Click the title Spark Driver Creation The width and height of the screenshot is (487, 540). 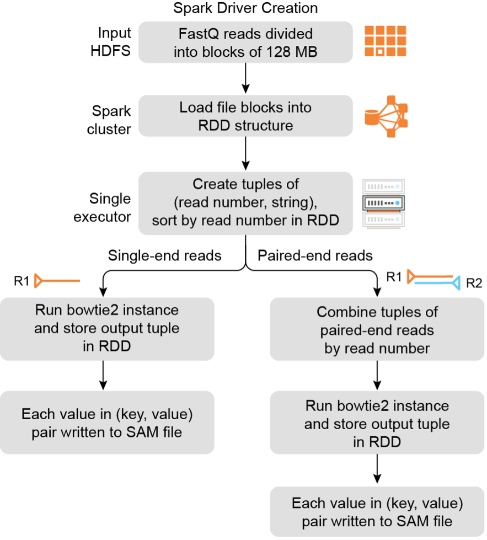pyautogui.click(x=245, y=8)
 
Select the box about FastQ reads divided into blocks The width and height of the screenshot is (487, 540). pyautogui.click(x=245, y=42)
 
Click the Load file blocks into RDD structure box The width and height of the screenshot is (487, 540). pyautogui.click(x=245, y=116)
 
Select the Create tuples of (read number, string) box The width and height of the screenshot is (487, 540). pyautogui.click(x=245, y=202)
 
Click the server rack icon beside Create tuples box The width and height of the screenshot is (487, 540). pyautogui.click(x=383, y=203)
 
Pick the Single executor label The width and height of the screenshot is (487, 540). pyautogui.click(x=102, y=207)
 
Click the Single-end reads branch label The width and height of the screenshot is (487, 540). pyautogui.click(x=164, y=255)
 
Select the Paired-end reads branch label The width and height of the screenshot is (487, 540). pyautogui.click(x=315, y=255)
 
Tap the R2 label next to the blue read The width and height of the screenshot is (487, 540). pyautogui.click(x=474, y=284)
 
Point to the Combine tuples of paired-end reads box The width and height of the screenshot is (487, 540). pyautogui.click(x=377, y=330)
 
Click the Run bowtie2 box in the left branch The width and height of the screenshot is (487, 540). pyautogui.click(x=107, y=329)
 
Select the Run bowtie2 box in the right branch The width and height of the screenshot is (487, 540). pyautogui.click(x=377, y=424)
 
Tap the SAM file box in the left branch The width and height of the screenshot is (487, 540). pyautogui.click(x=107, y=423)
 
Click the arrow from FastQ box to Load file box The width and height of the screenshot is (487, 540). pyautogui.click(x=245, y=79)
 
